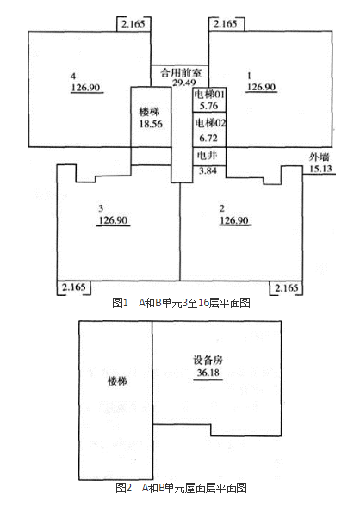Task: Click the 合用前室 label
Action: click(x=181, y=72)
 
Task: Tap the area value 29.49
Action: click(x=184, y=83)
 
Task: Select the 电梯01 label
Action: click(x=209, y=95)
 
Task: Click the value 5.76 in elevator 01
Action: click(x=208, y=106)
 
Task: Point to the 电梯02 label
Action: click(x=210, y=123)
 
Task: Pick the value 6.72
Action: click(x=208, y=139)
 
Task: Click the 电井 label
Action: click(x=207, y=155)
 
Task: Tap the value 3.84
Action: click(x=208, y=170)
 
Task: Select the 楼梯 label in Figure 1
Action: click(x=150, y=112)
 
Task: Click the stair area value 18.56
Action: click(x=151, y=124)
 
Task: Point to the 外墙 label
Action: click(x=320, y=157)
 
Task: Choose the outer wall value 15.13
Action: click(x=320, y=169)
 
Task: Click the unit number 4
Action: click(x=73, y=76)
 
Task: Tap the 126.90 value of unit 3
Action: click(x=113, y=220)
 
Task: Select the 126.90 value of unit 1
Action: click(x=261, y=87)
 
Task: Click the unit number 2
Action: click(x=222, y=208)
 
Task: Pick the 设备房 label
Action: click(x=208, y=361)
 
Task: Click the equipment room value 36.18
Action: click(x=208, y=373)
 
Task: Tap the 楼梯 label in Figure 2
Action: click(x=117, y=381)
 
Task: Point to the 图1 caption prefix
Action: click(x=120, y=303)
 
